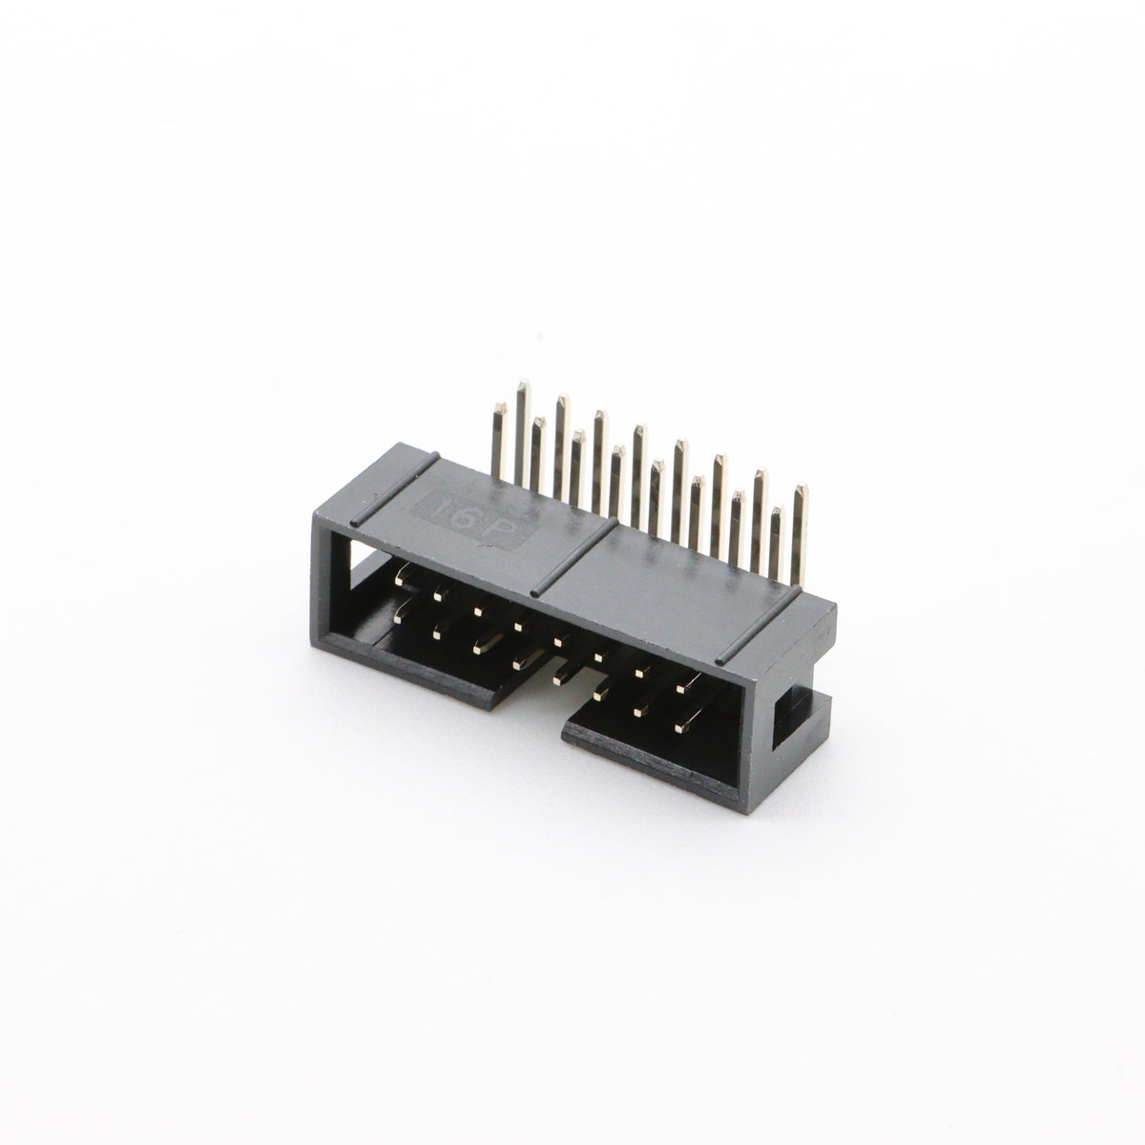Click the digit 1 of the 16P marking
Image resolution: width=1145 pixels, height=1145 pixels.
tap(442, 510)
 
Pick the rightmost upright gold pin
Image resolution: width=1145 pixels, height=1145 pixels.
tap(800, 534)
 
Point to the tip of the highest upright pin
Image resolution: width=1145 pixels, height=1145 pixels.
tap(523, 381)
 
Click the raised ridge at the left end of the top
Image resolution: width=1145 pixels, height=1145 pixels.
tap(394, 489)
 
